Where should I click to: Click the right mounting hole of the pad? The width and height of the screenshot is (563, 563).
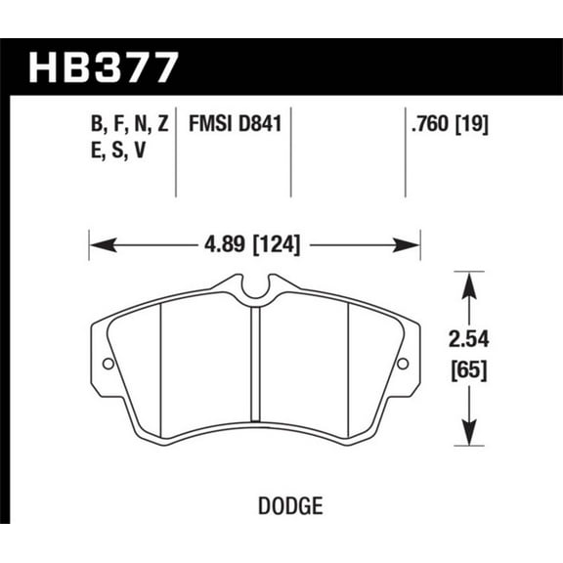pyautogui.click(x=402, y=365)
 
